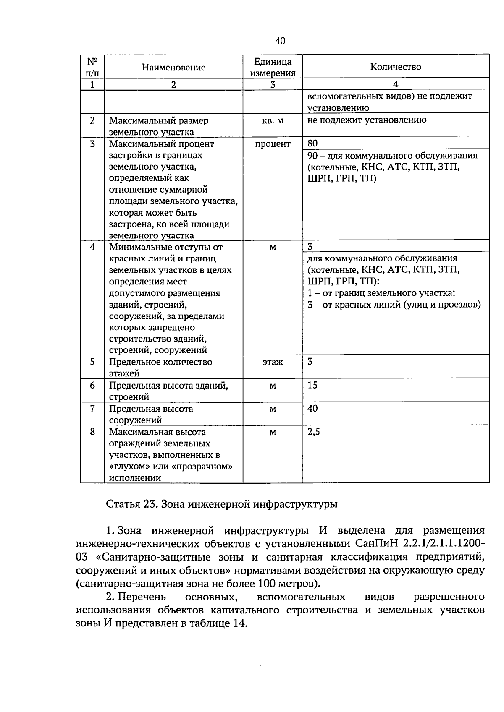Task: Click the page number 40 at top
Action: (x=280, y=41)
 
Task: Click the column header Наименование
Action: (x=173, y=67)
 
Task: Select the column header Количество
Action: (x=395, y=67)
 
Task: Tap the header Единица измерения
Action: (x=273, y=67)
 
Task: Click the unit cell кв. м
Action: (x=273, y=120)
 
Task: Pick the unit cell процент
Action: (x=273, y=144)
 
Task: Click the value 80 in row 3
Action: (x=312, y=143)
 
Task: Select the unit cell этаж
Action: (x=273, y=362)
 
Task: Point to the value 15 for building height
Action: (x=312, y=385)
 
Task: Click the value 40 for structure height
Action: (x=312, y=408)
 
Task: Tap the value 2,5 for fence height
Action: (x=314, y=432)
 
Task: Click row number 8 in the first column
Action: (x=92, y=431)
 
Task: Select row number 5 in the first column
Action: (x=92, y=361)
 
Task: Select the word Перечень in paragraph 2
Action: (x=142, y=597)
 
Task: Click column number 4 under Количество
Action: (x=395, y=84)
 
